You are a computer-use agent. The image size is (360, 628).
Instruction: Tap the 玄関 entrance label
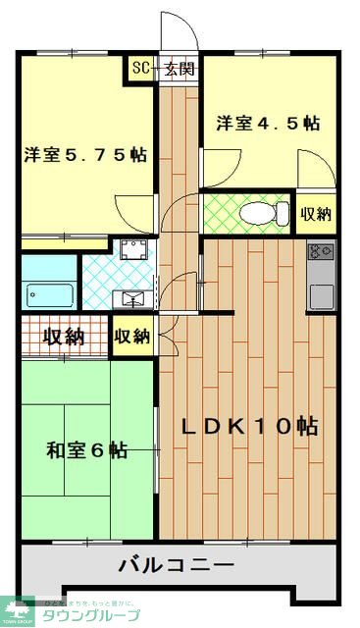coord(179,70)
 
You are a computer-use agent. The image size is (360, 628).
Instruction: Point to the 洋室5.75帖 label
coord(86,154)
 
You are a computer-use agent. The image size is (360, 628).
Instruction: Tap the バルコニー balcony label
coord(177,566)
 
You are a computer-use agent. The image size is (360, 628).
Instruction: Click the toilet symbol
coord(266,212)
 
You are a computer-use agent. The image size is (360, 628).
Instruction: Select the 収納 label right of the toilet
coord(315,214)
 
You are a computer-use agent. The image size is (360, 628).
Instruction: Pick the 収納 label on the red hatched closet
coord(64,337)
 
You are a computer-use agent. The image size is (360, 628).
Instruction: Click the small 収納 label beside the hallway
coord(132,337)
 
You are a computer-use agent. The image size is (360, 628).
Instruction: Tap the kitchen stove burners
coord(320,252)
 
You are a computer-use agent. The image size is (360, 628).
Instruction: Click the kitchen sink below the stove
coord(320,292)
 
